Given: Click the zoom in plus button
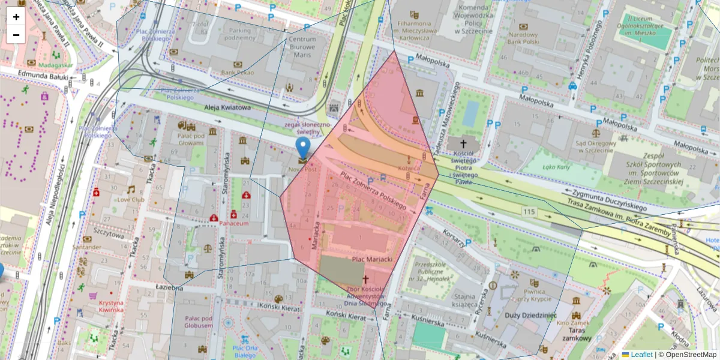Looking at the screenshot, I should pos(16,17).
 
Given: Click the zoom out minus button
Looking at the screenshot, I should pos(16,35).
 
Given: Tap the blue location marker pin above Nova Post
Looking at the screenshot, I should pos(304,148).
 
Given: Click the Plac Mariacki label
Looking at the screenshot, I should pos(372,259).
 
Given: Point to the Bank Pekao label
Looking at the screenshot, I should pos(238,73).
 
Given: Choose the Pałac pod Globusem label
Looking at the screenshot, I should pos(199,322).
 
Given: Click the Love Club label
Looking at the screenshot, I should pos(131,199).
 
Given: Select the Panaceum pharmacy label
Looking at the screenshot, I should pos(233,223).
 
